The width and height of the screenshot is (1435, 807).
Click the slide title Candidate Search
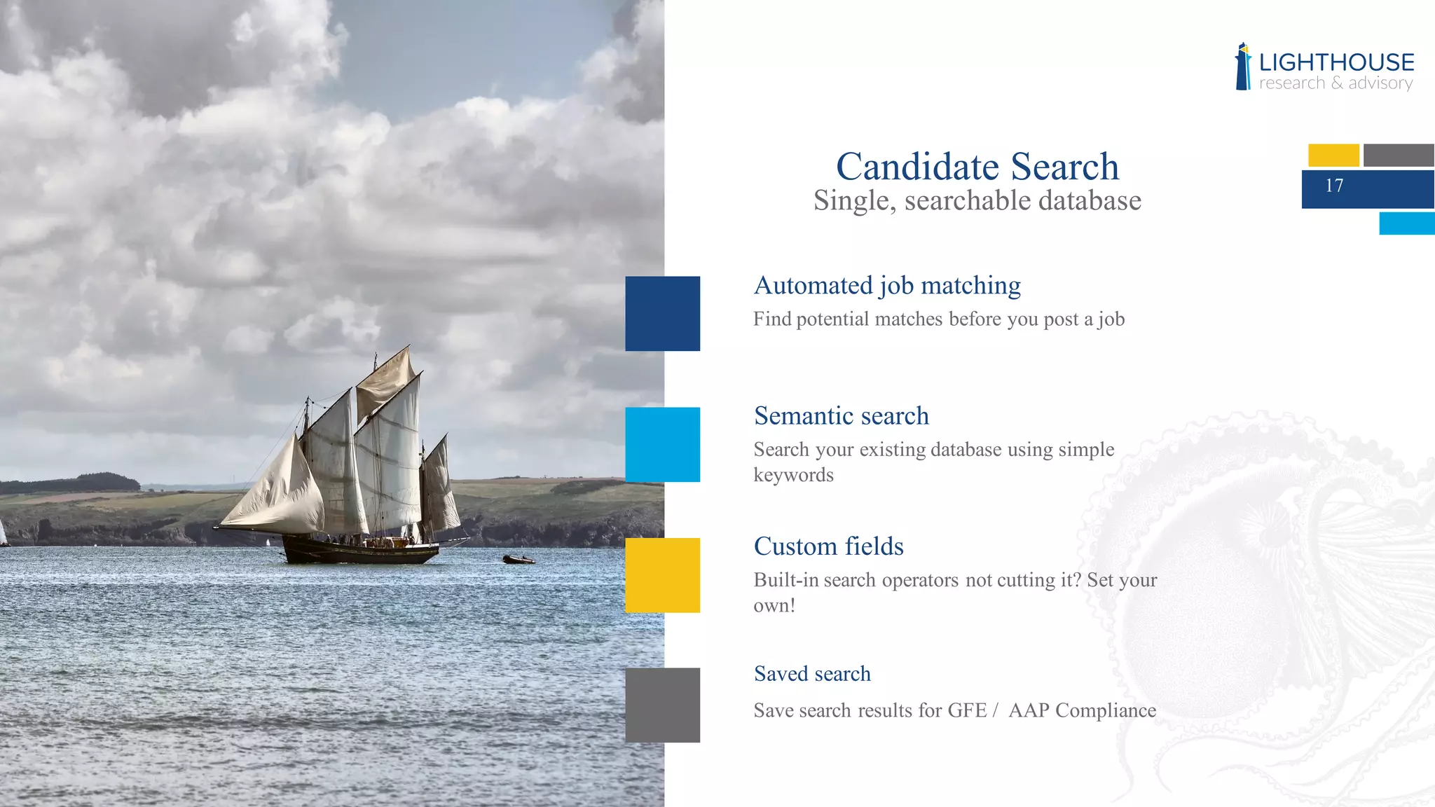(x=977, y=167)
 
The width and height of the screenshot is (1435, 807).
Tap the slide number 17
(x=1334, y=186)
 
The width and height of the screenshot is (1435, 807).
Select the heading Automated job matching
(x=887, y=285)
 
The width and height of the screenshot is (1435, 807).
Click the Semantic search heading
(x=842, y=415)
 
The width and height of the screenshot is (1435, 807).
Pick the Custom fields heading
(x=829, y=546)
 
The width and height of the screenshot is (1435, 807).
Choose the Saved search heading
(x=812, y=674)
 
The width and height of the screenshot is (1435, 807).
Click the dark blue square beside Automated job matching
(x=662, y=313)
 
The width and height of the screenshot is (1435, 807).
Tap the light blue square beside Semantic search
(x=662, y=444)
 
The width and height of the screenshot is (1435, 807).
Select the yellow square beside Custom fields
(x=662, y=575)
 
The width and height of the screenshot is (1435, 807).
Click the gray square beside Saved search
(x=662, y=705)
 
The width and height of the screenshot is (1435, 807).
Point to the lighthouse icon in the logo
(x=1243, y=67)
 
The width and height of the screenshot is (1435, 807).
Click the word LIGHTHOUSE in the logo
(x=1336, y=62)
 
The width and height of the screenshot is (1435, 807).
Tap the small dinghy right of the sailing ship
(x=519, y=559)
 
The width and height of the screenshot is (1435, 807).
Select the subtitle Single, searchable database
(x=977, y=201)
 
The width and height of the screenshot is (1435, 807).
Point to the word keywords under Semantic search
(x=793, y=475)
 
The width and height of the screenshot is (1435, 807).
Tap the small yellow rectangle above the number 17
(x=1333, y=155)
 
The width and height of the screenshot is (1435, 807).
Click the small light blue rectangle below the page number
(x=1406, y=223)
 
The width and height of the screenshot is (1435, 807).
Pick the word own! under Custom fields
(x=774, y=605)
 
